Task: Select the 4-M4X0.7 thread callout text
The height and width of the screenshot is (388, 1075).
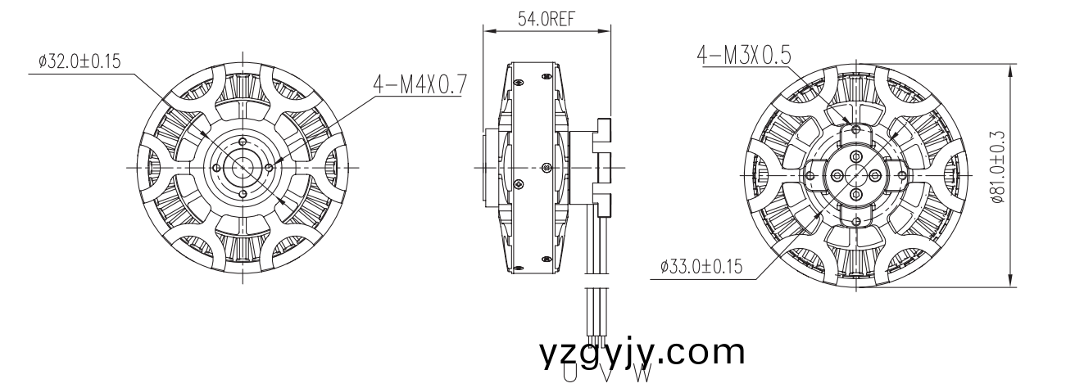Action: click(417, 83)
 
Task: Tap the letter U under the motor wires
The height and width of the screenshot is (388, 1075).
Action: click(569, 376)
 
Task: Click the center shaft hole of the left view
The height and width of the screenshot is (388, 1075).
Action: click(243, 167)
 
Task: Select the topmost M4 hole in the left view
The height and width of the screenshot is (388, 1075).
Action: click(243, 140)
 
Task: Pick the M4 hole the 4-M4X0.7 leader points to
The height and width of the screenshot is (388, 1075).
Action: click(270, 167)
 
